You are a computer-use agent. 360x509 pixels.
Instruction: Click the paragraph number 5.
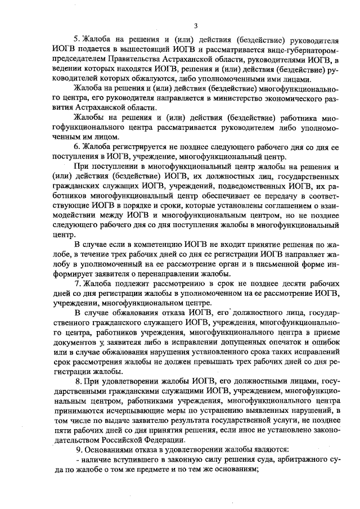[76, 41]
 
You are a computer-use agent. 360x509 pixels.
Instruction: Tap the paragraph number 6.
[76, 146]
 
